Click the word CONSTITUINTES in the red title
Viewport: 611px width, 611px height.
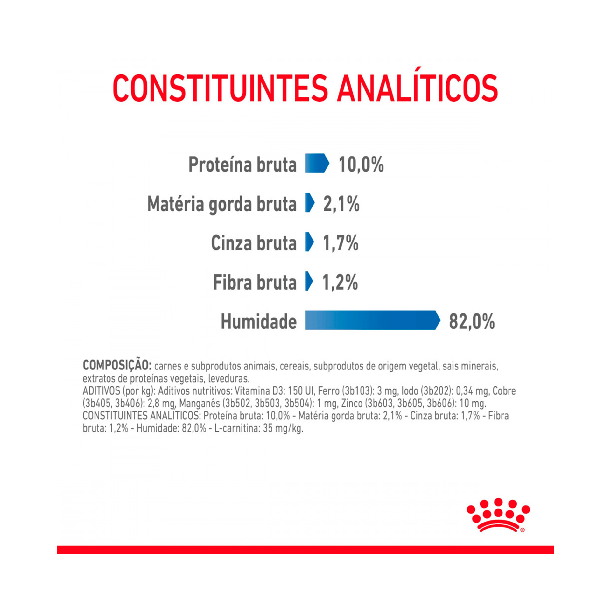tap(220, 88)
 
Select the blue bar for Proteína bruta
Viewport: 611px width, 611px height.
tap(316, 163)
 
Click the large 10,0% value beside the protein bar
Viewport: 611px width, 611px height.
tap(361, 165)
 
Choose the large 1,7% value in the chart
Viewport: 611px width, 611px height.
tap(341, 243)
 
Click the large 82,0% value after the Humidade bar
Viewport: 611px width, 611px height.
tap(472, 321)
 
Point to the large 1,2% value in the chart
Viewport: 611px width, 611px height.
tap(340, 282)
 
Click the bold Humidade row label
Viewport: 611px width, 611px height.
tap(259, 321)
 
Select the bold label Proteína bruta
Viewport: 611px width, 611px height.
tap(242, 165)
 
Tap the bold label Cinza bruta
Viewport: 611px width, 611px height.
tap(254, 243)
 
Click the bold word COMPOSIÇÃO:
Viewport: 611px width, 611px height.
tap(117, 365)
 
